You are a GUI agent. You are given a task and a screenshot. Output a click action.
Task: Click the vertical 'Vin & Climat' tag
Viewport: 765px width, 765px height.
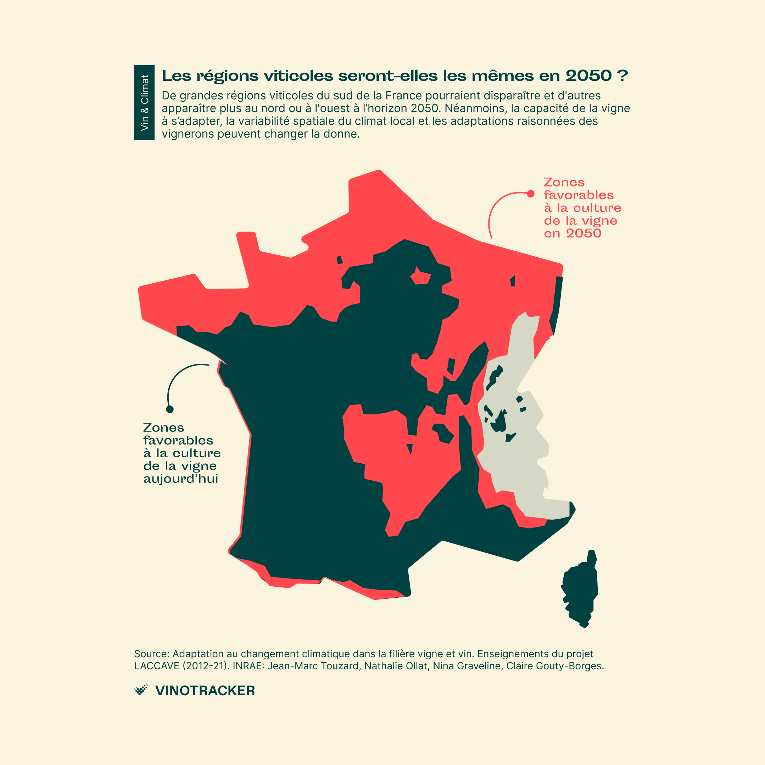click(x=144, y=102)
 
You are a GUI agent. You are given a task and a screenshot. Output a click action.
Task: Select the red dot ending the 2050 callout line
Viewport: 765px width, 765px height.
click(x=531, y=194)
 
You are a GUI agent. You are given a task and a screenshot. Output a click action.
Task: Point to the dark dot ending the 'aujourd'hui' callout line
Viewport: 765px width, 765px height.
click(x=170, y=409)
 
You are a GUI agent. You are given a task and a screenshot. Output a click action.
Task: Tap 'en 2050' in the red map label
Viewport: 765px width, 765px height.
click(x=572, y=233)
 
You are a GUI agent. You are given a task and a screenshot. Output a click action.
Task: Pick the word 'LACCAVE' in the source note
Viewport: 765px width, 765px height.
click(x=157, y=666)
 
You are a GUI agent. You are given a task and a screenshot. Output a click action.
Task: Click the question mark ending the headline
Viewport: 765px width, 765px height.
click(x=622, y=76)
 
